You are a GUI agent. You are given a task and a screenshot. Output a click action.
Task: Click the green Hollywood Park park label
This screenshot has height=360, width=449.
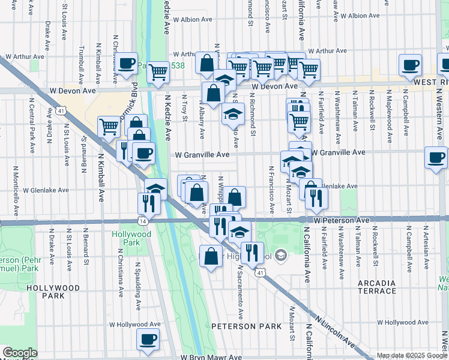pos(125,238)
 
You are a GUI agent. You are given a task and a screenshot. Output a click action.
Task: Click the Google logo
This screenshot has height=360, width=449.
pos(20,353)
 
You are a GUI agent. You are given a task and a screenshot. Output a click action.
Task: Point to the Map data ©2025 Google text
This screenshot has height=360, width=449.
pos(412,355)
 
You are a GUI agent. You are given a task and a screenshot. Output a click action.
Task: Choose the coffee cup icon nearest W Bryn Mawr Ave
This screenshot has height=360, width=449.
pos(148,340)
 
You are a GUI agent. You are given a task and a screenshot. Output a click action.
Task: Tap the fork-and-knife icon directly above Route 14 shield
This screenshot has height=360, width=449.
pos(148,203)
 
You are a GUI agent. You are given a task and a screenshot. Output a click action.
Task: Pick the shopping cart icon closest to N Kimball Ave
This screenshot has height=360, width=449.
pos(109,126)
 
